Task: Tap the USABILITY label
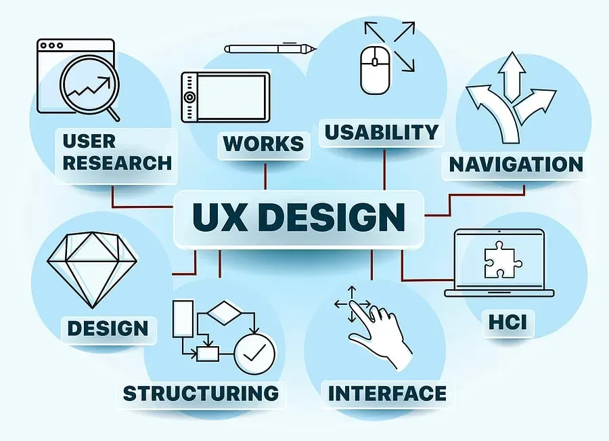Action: coord(381,131)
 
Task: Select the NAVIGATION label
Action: coord(516,165)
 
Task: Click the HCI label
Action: coord(507,322)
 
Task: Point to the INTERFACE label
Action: coord(387,393)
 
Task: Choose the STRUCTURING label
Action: coord(201,393)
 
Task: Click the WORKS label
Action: coord(263,144)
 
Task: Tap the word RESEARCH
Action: coord(117,163)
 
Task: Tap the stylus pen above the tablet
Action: coord(271,49)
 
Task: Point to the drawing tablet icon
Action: coord(225,96)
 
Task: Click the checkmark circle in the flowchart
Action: coord(254,354)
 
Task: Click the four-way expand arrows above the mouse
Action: coord(389,46)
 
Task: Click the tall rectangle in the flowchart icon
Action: coord(183,318)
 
